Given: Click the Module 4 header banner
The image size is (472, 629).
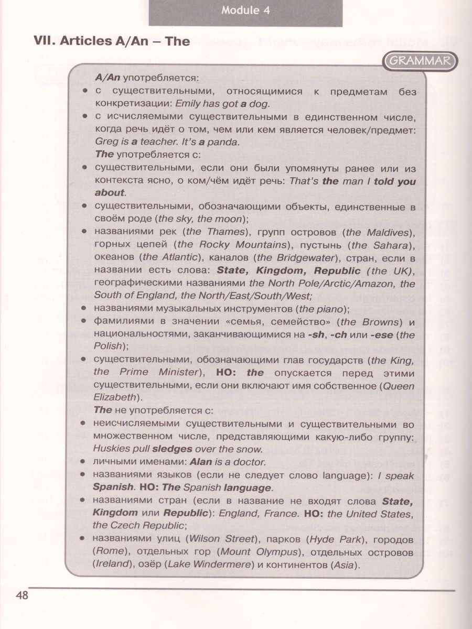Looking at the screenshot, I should pyautogui.click(x=245, y=11).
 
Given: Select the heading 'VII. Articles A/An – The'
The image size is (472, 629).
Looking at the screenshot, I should pyautogui.click(x=112, y=41).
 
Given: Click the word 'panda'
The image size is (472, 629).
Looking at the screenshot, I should pyautogui.click(x=228, y=142).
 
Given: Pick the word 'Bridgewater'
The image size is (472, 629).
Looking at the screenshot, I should pyautogui.click(x=286, y=257).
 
